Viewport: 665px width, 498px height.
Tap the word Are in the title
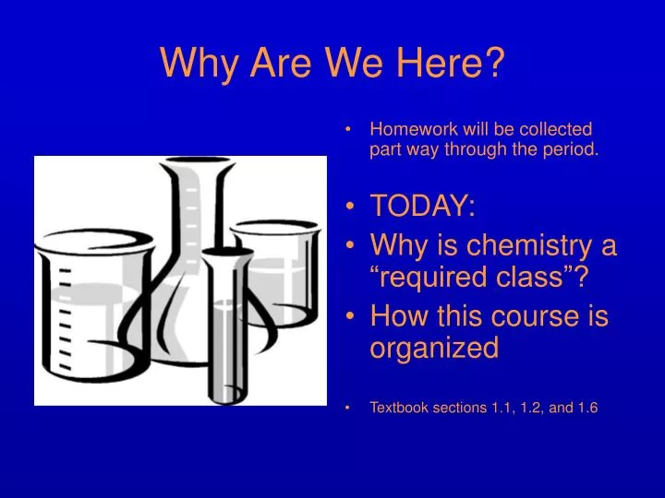[x=281, y=64]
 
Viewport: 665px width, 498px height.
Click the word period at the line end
[x=573, y=150]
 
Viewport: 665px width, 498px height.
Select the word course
[x=536, y=316]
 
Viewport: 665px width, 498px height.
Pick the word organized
[x=434, y=348]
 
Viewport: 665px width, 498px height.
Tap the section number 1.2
[x=526, y=408]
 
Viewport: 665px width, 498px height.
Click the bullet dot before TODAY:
[x=356, y=208]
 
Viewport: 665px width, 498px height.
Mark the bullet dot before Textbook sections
[x=356, y=408]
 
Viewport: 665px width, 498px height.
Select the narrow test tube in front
[x=226, y=323]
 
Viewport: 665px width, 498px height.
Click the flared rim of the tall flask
[x=196, y=166]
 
